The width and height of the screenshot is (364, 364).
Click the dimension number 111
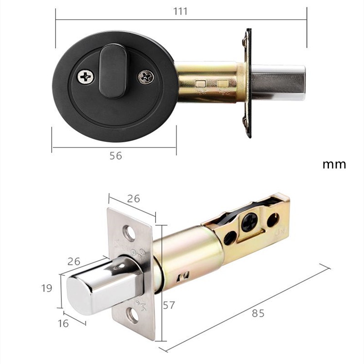click(181, 11)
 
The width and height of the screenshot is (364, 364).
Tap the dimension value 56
click(116, 156)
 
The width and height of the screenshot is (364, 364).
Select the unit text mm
click(334, 164)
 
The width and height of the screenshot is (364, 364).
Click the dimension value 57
click(169, 305)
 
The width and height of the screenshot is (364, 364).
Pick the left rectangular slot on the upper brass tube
click(200, 84)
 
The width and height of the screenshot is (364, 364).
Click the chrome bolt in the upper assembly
click(278, 82)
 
